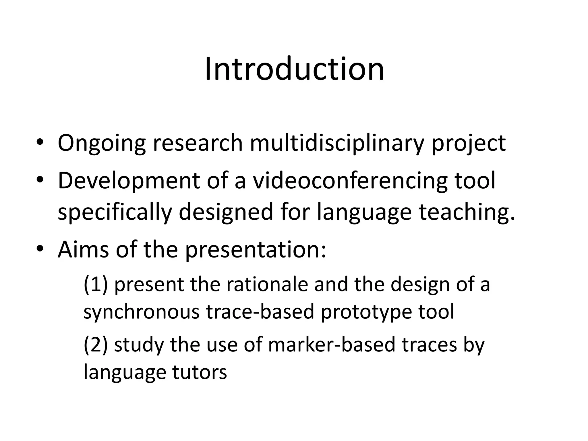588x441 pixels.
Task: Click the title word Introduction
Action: [x=294, y=69]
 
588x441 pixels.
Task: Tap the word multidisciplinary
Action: [x=337, y=143]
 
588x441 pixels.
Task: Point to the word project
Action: [x=469, y=143]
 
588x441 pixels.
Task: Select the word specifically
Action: [x=115, y=212]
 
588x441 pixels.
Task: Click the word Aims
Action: [x=83, y=249]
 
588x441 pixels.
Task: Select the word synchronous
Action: [x=141, y=312]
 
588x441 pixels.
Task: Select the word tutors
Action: [x=200, y=372]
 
